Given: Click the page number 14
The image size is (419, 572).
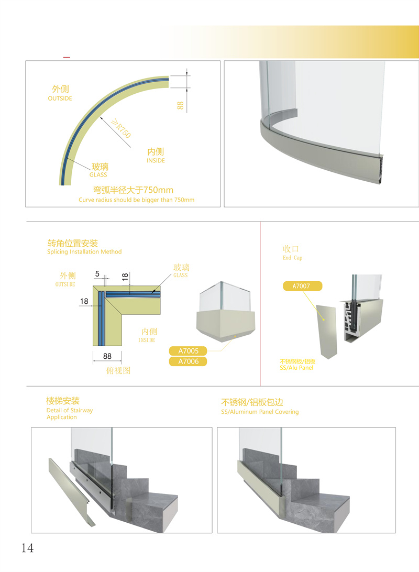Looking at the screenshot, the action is (27, 548).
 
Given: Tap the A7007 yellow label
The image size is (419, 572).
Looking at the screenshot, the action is (303, 286).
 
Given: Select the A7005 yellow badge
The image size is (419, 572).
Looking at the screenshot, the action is (188, 351).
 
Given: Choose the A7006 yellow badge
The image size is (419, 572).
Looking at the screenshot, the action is (188, 361).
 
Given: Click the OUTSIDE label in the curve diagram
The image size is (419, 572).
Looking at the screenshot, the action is (60, 98).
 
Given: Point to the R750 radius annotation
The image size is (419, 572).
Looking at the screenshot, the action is (122, 128).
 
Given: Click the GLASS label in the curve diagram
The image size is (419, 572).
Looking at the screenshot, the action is (98, 175).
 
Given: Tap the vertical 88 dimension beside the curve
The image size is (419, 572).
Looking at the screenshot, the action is (180, 105).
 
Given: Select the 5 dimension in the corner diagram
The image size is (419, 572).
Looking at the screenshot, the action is (97, 274).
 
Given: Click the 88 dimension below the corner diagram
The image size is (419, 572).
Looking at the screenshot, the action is (107, 356).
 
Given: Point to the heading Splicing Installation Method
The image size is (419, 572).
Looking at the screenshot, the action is (84, 252).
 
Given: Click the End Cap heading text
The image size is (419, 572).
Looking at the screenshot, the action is (292, 258).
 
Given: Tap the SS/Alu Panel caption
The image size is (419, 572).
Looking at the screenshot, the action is (296, 368).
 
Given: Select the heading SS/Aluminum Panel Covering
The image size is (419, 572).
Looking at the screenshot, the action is (260, 412).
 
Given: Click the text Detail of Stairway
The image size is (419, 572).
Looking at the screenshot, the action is (70, 410).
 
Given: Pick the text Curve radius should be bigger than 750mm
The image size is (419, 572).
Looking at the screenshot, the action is (136, 200).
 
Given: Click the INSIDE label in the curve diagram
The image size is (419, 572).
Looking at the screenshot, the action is (156, 160).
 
